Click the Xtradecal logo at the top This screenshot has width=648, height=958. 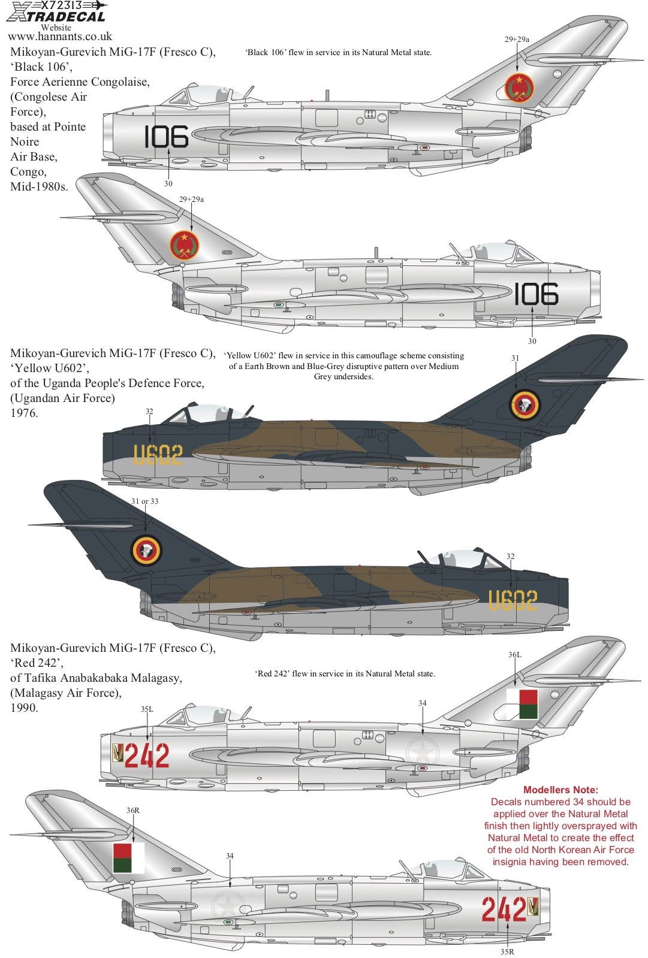point(56,12)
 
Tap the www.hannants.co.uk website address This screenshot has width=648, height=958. point(60,37)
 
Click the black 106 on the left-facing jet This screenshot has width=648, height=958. point(166,137)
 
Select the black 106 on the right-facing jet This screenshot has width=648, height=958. point(536,294)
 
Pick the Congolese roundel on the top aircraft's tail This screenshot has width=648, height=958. point(519,87)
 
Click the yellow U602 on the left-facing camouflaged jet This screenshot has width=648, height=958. point(158,454)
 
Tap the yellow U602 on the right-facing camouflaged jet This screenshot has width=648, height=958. point(513,600)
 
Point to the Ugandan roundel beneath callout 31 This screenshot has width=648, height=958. point(525,404)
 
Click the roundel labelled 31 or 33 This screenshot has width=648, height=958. point(146,551)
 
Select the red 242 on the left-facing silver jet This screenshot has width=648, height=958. point(147,755)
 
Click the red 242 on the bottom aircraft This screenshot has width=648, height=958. point(504,909)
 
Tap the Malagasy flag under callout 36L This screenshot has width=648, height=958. point(522,704)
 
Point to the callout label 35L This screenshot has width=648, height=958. point(147,709)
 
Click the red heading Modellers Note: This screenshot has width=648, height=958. point(560,790)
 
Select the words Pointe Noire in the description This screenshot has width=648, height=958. point(48,134)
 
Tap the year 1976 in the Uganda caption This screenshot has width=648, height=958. point(24,413)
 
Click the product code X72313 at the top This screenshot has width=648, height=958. point(62,5)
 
